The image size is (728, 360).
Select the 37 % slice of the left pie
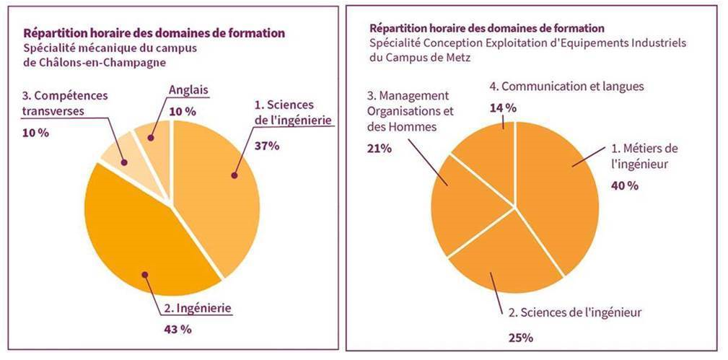pos(216,188)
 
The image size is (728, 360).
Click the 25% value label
pos(519,337)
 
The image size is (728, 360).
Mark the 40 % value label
pos(625,185)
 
